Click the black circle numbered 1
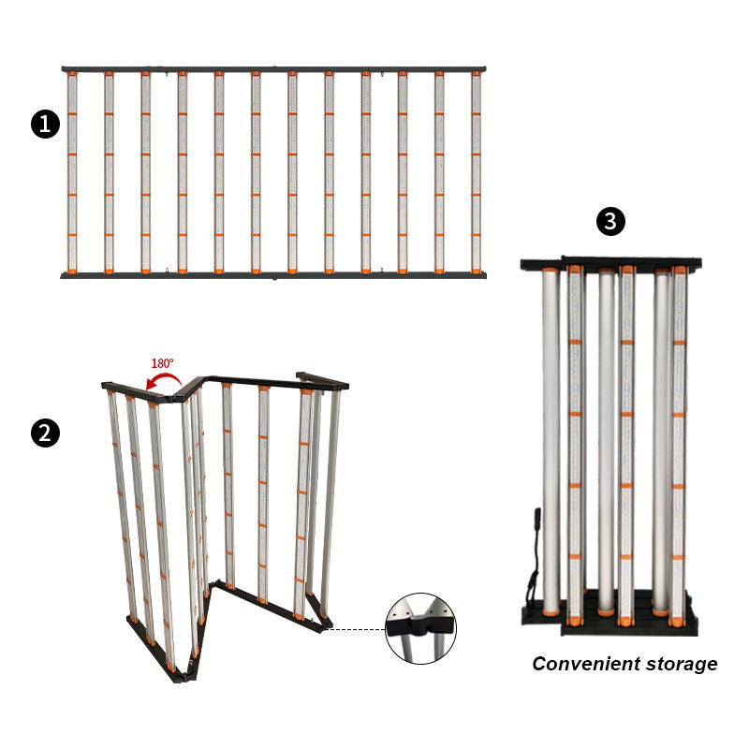coord(45,125)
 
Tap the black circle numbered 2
coord(45,433)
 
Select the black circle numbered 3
coord(611,221)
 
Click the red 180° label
coord(162,363)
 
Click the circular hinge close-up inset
coord(420,628)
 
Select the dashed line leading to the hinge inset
coord(355,629)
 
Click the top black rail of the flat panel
coord(273,69)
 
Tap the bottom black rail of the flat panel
coord(273,275)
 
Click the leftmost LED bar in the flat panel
coord(72,172)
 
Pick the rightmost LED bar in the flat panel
coord(477,172)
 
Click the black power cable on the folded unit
coord(534,559)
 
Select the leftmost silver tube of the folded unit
coord(551,442)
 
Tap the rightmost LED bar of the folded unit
coord(679,447)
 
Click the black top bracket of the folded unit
coord(611,264)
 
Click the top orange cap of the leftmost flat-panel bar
coord(72,74)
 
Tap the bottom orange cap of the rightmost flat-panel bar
coord(477,271)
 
